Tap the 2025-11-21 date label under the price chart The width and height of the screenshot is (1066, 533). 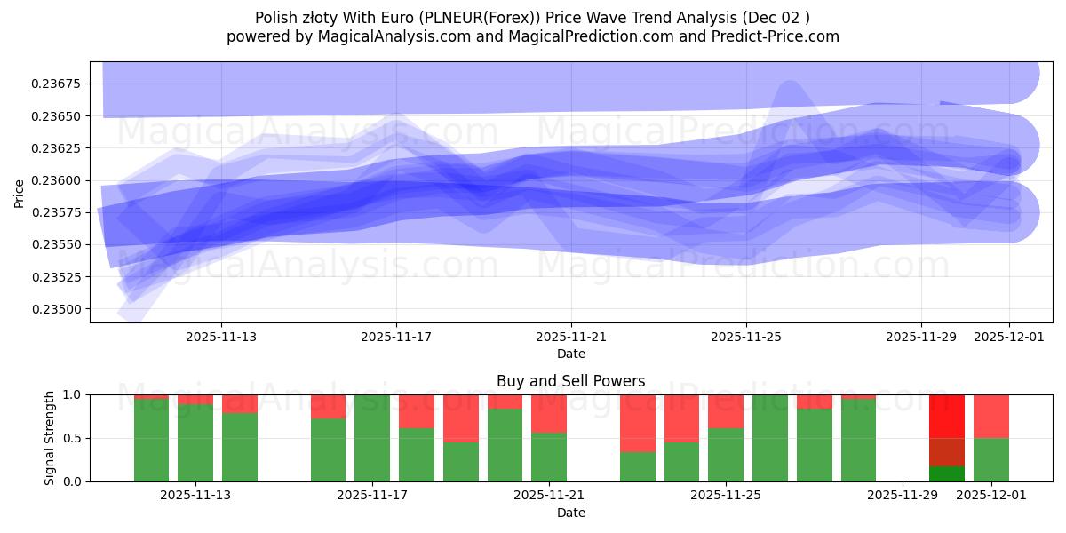point(571,337)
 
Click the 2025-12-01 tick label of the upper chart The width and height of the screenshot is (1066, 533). point(1009,337)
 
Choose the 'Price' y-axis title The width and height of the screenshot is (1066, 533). point(20,192)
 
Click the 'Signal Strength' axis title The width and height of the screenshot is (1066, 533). point(50,438)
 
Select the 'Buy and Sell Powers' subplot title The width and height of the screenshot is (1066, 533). point(571,381)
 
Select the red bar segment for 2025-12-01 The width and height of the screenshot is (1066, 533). point(990,416)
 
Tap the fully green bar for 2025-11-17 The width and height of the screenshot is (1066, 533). point(371,438)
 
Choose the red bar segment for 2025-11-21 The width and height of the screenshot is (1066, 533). point(548,413)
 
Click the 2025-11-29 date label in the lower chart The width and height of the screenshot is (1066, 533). point(902,496)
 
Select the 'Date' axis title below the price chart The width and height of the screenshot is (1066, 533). point(571,354)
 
